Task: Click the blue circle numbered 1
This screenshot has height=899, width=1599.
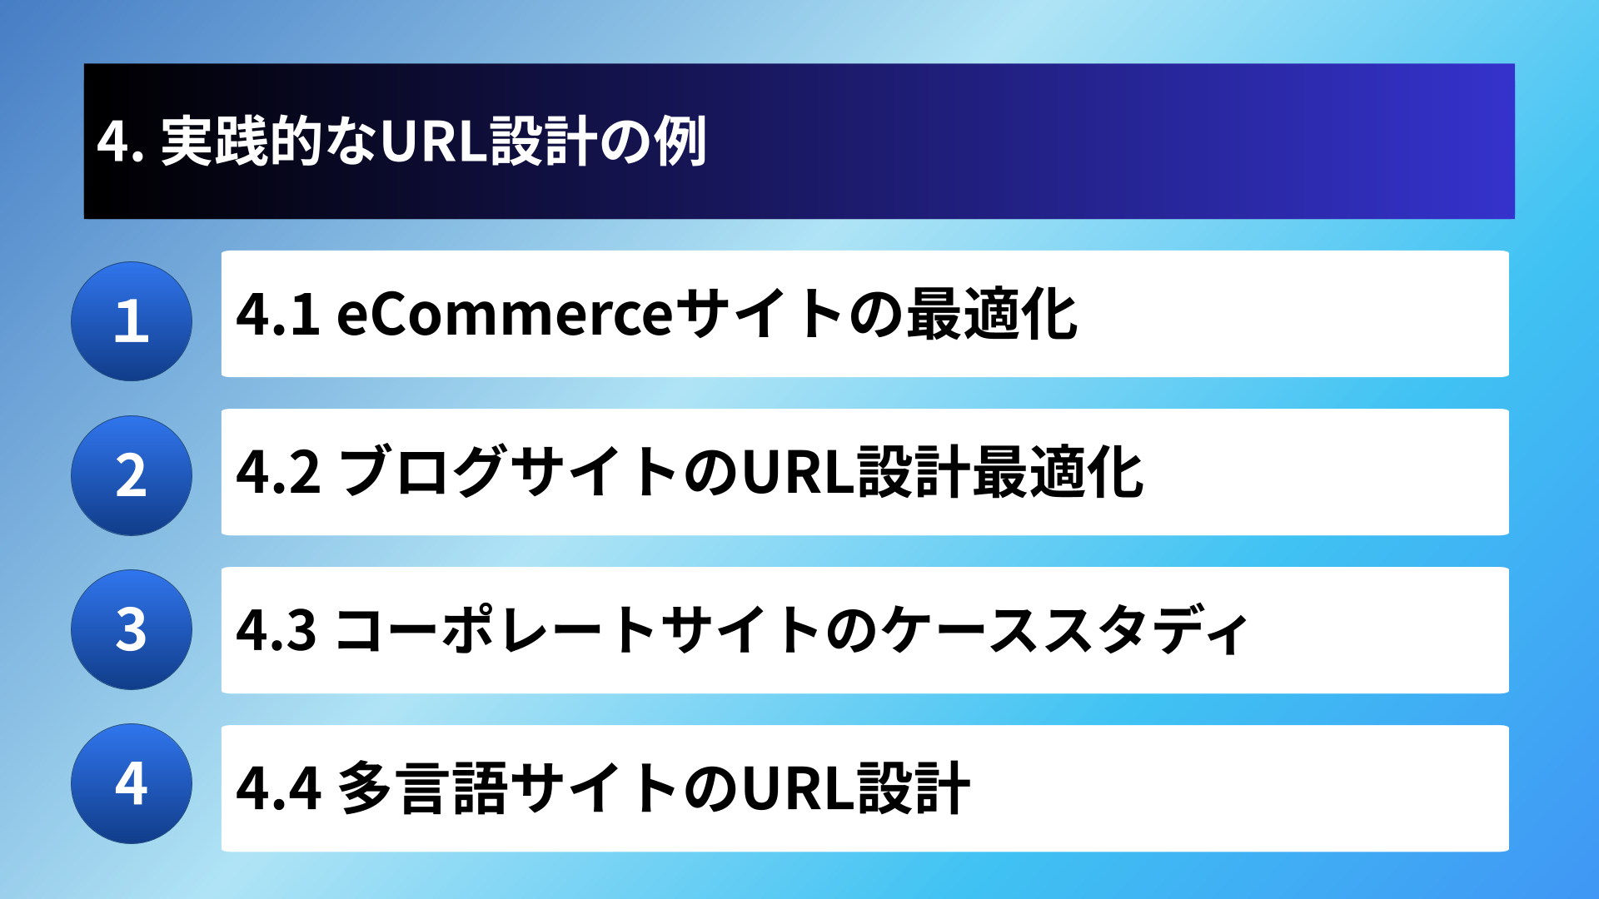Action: pyautogui.click(x=132, y=321)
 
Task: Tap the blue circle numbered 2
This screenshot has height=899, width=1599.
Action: pyautogui.click(x=132, y=475)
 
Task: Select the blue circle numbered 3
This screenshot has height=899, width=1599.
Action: pyautogui.click(x=132, y=629)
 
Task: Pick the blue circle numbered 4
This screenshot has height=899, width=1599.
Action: pyautogui.click(x=132, y=783)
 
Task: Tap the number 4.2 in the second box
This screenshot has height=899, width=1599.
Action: pyautogui.click(x=278, y=473)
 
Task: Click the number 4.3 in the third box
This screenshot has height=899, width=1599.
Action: pyautogui.click(x=276, y=630)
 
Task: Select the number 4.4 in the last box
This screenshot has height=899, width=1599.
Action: pyautogui.click(x=278, y=788)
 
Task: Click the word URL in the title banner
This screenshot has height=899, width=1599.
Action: pyautogui.click(x=433, y=141)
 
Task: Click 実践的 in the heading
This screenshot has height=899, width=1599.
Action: pyautogui.click(x=242, y=141)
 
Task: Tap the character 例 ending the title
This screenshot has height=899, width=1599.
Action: pyautogui.click(x=680, y=141)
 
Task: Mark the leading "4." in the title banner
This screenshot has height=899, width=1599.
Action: pyautogui.click(x=121, y=142)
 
